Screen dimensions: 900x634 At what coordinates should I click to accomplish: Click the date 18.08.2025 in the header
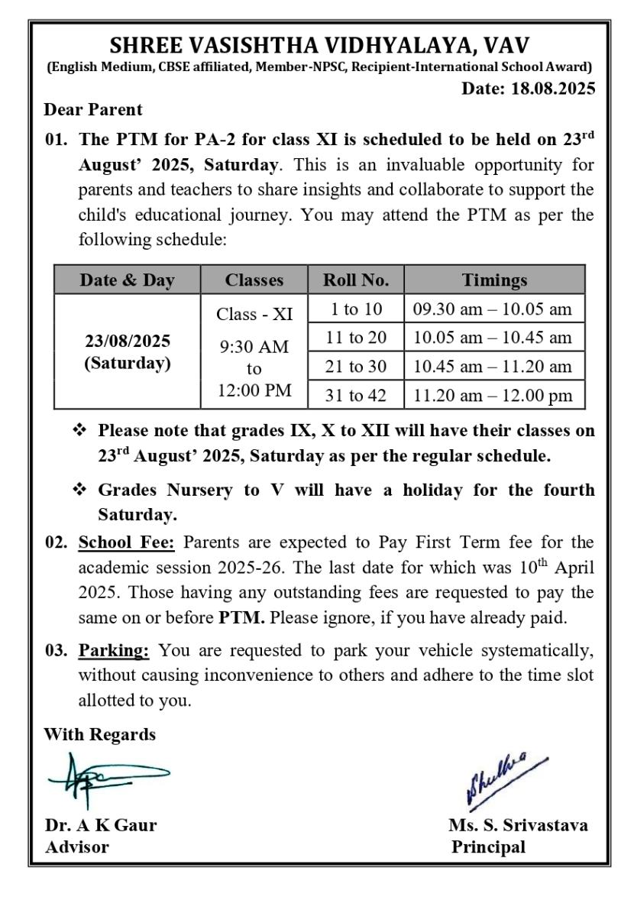point(528,89)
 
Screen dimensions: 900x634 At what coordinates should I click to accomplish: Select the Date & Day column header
point(128,280)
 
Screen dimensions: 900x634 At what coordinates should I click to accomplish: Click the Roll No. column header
point(355,280)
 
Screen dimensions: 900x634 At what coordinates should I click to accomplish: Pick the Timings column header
point(495,280)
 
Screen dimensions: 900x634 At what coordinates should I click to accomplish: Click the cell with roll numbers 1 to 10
point(355,309)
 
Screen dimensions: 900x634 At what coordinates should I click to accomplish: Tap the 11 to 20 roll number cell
point(355,337)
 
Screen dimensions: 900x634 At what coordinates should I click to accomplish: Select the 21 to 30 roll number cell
point(355,366)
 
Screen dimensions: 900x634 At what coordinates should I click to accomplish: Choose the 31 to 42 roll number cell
point(355,395)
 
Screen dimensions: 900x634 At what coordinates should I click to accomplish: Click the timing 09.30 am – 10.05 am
point(493,309)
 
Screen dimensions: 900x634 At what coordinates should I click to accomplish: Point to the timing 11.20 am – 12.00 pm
point(493,395)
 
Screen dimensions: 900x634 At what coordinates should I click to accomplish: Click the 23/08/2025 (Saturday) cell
point(128,351)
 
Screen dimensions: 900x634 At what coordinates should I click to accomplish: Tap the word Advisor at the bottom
point(76,847)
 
